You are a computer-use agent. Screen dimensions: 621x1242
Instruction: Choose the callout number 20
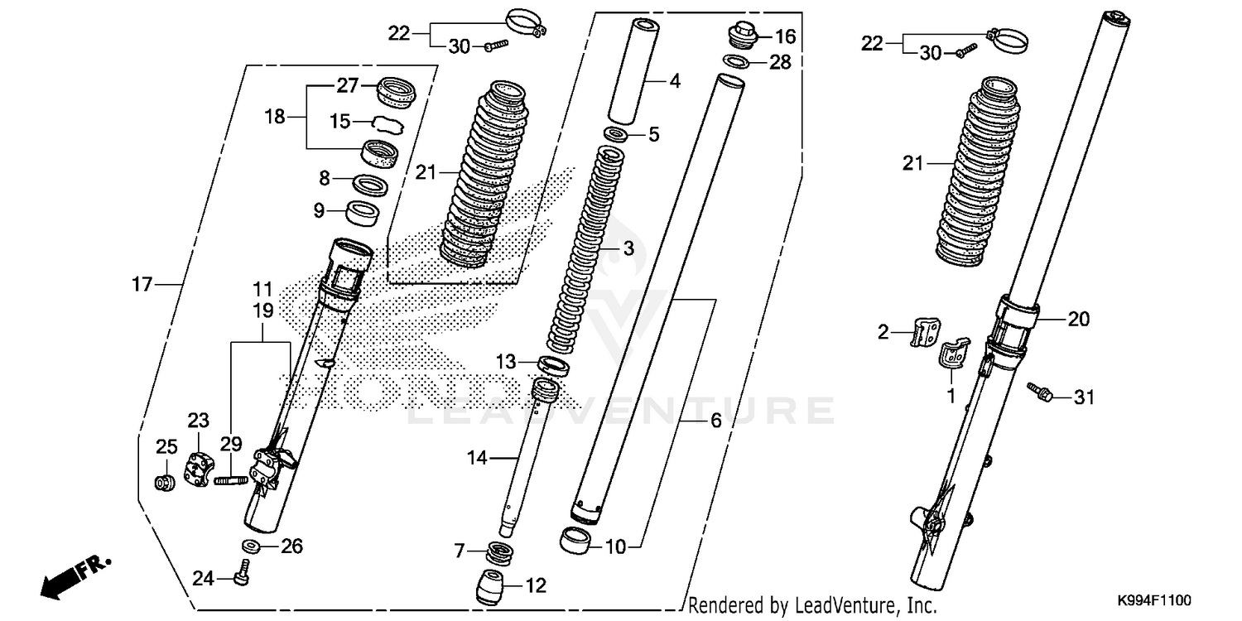coord(1079,318)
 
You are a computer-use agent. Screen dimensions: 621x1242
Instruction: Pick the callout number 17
coord(142,285)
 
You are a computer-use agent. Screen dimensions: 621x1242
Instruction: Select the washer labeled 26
coord(249,546)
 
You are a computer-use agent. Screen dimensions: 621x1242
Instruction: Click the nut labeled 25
coord(165,482)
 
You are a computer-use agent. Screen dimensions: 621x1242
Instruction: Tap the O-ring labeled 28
coord(734,61)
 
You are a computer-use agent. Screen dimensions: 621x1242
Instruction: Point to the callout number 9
coord(318,210)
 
